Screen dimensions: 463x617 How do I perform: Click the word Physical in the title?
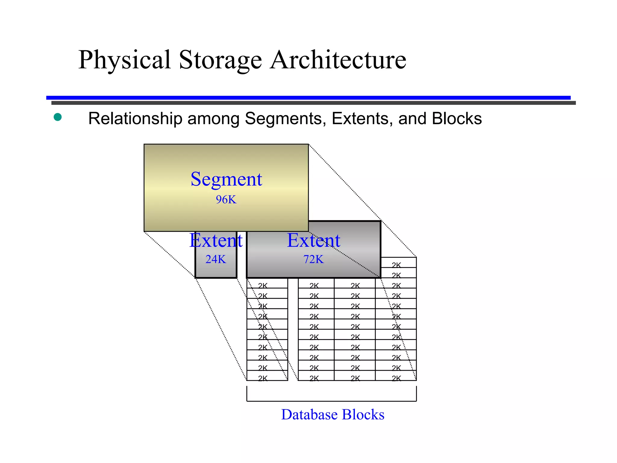coord(125,60)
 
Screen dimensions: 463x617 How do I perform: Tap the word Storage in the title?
coord(220,60)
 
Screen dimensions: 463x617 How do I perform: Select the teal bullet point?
coord(58,117)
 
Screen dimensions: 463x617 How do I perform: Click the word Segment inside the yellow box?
coord(226,179)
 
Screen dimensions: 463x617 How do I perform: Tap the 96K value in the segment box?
coord(226,200)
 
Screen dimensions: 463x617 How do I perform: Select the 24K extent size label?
coord(216,259)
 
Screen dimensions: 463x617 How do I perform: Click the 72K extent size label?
coord(313,259)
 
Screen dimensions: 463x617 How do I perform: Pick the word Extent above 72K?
coord(313,241)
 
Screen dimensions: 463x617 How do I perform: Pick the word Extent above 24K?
coord(216,241)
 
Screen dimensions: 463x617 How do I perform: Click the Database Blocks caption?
coord(333,414)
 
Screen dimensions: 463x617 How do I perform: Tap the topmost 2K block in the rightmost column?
coord(396,265)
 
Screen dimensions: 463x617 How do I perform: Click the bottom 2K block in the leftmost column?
coord(263,378)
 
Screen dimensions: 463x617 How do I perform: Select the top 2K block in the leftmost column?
coord(263,285)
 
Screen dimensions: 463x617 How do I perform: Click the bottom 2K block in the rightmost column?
coord(396,378)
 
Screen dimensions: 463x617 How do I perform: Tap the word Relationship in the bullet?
coord(135,118)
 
